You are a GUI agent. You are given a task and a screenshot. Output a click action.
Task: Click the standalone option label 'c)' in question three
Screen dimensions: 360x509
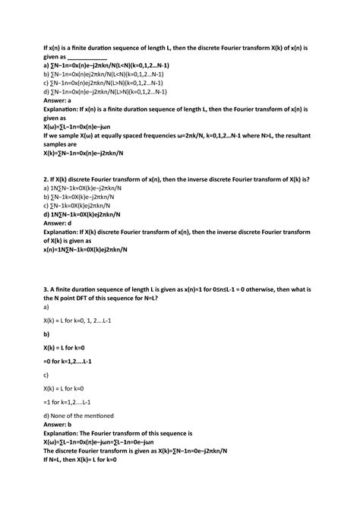pyautogui.click(x=47, y=375)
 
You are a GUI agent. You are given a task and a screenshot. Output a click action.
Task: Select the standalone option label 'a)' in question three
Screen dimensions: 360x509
pyautogui.click(x=47, y=307)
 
